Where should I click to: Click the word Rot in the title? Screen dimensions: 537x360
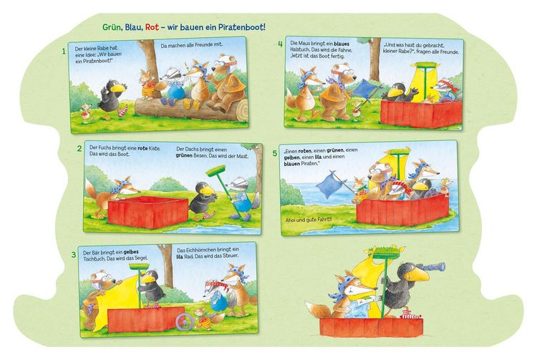tap(152, 27)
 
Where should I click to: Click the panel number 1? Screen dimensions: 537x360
tap(63, 52)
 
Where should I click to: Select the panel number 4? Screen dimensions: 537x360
tap(280, 44)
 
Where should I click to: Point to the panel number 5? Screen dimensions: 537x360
tap(274, 153)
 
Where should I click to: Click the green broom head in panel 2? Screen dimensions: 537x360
tap(216, 170)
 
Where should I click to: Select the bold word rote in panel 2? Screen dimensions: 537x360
tap(142, 149)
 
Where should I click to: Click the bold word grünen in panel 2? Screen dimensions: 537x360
tap(183, 156)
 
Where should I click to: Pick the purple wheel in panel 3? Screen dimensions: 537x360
tap(185, 322)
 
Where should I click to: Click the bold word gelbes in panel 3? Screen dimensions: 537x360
tap(131, 252)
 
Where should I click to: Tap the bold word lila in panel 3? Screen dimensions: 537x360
tap(180, 256)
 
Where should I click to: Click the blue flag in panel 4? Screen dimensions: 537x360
tap(365, 88)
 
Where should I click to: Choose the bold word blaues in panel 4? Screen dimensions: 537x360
tap(342, 44)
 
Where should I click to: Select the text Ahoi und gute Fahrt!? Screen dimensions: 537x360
tap(309, 220)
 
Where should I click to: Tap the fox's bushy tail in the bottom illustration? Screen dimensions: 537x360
tap(316, 310)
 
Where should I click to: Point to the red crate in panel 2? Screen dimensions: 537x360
tap(148, 212)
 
